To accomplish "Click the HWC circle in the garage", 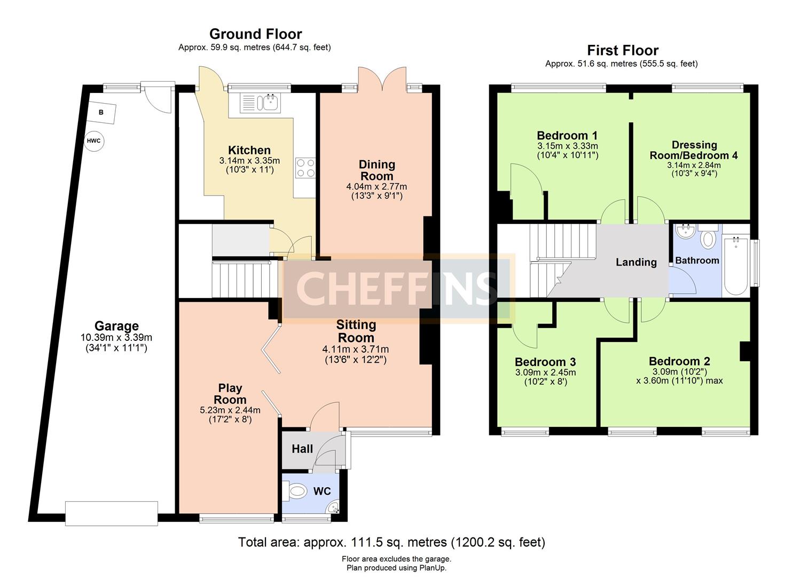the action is click(x=94, y=141).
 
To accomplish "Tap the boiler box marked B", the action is click(x=101, y=112).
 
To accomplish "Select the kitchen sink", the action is click(x=260, y=103).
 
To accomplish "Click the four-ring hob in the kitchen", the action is click(x=305, y=168).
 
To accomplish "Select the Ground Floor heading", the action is click(x=256, y=34).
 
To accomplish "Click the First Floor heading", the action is click(x=623, y=50).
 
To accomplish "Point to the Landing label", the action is click(x=636, y=262).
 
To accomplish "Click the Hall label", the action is click(x=302, y=449).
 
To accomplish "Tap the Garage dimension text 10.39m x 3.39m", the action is click(x=116, y=337).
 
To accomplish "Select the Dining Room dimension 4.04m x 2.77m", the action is click(x=376, y=186).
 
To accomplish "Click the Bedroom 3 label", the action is click(x=546, y=362).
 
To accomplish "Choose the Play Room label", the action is click(x=230, y=394).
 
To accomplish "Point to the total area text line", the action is click(x=392, y=542).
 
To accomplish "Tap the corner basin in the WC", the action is click(x=333, y=508).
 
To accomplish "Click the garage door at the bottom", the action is click(x=112, y=513).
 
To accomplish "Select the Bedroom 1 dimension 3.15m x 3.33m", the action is click(x=568, y=146).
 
